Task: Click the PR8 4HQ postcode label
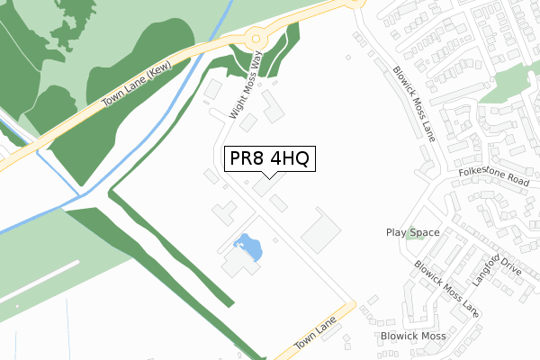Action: pyautogui.click(x=269, y=159)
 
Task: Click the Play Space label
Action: pyautogui.click(x=412, y=232)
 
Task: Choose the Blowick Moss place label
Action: pyautogui.click(x=412, y=336)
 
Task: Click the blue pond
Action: pyautogui.click(x=247, y=246)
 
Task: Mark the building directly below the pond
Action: pyautogui.click(x=238, y=264)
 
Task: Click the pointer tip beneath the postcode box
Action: pyautogui.click(x=269, y=177)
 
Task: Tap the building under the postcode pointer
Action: pyautogui.click(x=266, y=186)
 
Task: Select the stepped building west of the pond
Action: pyautogui.click(x=223, y=214)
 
